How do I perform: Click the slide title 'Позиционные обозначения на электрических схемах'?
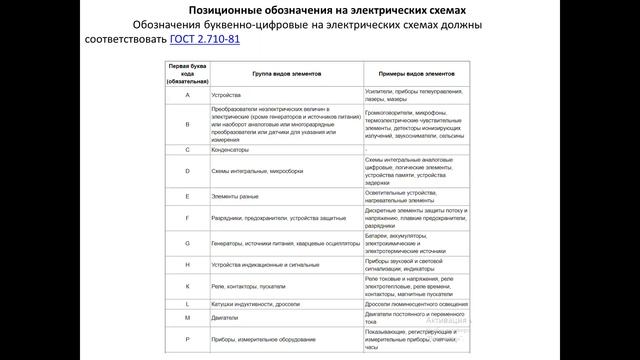(321, 9)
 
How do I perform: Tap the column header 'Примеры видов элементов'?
(416, 74)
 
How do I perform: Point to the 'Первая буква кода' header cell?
(187, 74)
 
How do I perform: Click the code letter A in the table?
(187, 94)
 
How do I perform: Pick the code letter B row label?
(187, 125)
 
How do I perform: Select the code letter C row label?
(187, 149)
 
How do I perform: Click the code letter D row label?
(187, 171)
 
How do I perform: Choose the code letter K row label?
(187, 285)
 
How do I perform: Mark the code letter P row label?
(187, 338)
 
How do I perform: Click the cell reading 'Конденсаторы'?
(232, 149)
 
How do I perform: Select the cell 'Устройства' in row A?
(230, 94)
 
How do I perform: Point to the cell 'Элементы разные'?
(236, 197)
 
